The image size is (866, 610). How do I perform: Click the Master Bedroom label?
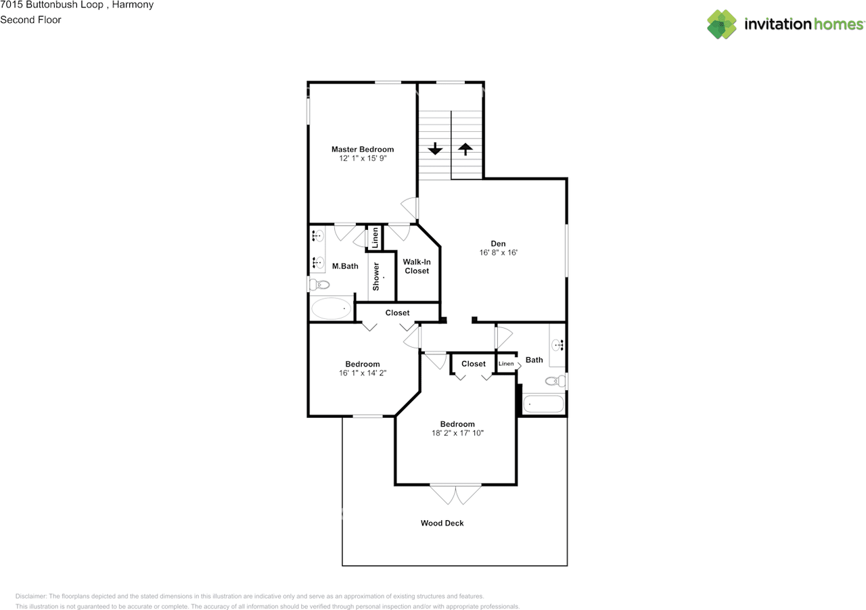pos(362,149)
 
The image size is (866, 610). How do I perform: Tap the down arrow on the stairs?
pos(435,148)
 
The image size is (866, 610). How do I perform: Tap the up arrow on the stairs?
pos(465,149)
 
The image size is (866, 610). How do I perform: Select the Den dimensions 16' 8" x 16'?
pos(499,252)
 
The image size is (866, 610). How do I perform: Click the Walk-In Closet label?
pos(417,266)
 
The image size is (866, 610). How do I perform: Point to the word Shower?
pos(375,277)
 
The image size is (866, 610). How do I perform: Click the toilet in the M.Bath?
pos(319,285)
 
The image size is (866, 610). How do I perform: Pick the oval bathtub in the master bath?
pos(331,308)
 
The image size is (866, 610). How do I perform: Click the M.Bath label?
pos(345,266)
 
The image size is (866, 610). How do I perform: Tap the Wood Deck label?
pos(442,523)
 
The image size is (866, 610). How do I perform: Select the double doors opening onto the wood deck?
pos(456,494)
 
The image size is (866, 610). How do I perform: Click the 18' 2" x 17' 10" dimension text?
pos(457,433)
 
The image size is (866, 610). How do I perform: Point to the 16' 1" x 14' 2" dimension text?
pos(363,373)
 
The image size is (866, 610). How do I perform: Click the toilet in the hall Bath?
pos(555,381)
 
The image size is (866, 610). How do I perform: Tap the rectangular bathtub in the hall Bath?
pos(543,404)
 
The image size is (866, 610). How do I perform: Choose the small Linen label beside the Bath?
pos(506,363)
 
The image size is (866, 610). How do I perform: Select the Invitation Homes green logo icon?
pos(722,24)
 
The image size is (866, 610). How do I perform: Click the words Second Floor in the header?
pos(30,20)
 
